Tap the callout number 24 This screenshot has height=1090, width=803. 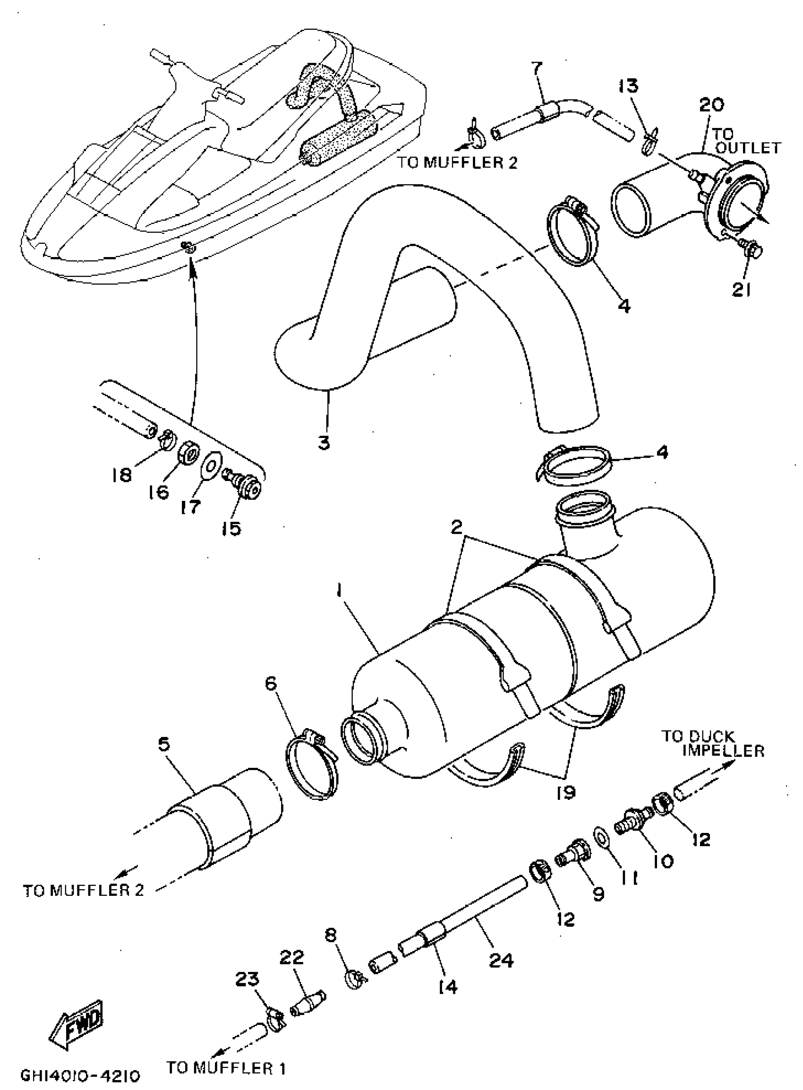[501, 961]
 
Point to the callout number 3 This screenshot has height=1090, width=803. [324, 442]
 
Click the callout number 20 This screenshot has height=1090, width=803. [711, 104]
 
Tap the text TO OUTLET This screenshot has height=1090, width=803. [747, 141]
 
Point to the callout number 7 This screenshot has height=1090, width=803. [536, 68]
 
